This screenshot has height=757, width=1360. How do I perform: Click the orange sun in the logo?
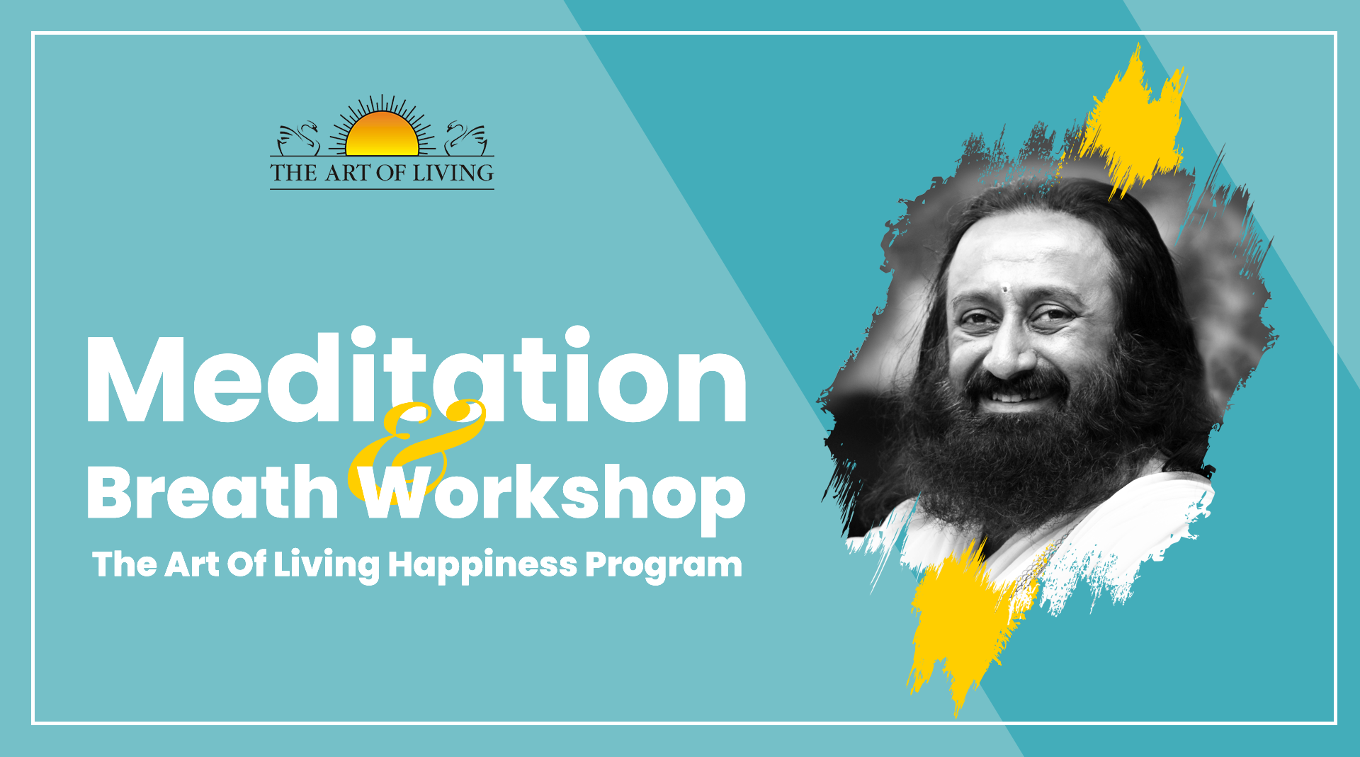(x=382, y=135)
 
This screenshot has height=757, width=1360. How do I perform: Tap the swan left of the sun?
(x=298, y=139)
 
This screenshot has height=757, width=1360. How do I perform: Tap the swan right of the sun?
(x=466, y=139)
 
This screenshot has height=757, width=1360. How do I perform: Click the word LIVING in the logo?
(x=453, y=173)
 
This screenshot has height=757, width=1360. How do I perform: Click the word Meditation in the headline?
(x=416, y=375)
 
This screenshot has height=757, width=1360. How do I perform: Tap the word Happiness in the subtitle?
(x=482, y=566)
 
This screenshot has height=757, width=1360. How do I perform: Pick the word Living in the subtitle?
(x=327, y=566)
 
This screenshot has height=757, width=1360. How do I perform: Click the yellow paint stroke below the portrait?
(x=963, y=623)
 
